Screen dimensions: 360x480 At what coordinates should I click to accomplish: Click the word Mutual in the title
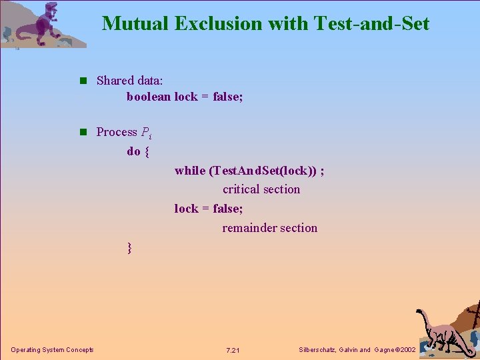pos(135,24)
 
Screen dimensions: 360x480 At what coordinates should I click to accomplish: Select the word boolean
pos(149,97)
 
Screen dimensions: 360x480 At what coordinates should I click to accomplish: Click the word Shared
pos(115,81)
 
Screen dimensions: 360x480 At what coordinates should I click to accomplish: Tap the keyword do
pos(133,151)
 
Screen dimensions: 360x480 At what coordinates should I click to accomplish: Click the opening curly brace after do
pos(147,151)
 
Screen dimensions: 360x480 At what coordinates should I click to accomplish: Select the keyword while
pos(190,171)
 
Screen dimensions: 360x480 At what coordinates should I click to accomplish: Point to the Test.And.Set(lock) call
pos(263,171)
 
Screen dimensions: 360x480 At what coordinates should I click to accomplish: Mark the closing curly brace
pos(129,248)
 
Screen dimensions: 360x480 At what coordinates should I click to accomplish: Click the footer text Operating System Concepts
pos(52,350)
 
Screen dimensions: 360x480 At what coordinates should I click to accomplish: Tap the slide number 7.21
pos(233,351)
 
